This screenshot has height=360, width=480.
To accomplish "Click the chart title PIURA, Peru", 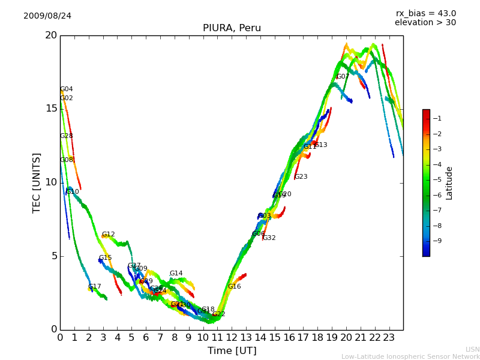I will (x=232, y=28).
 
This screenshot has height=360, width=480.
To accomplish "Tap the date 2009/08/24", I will (x=47, y=16).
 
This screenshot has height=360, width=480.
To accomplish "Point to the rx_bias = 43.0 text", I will (x=425, y=13).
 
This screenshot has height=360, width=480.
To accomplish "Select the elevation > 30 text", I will (x=425, y=23).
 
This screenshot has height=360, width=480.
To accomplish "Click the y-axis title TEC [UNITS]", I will (x=37, y=182).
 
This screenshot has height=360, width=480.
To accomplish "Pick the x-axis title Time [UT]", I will (x=232, y=350).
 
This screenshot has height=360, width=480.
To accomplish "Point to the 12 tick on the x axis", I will (x=232, y=337).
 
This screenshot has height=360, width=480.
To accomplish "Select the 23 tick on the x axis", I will (x=389, y=337).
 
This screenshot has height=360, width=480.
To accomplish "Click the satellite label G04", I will (x=67, y=89).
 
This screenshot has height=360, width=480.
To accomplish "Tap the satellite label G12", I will (x=108, y=235).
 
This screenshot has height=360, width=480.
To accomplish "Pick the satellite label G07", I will (x=343, y=77).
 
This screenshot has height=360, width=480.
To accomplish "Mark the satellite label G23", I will (x=301, y=177).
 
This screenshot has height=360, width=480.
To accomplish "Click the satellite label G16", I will (x=234, y=287).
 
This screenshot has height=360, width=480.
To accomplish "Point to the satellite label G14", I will (x=176, y=274).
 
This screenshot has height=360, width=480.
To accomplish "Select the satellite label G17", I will (x=95, y=287).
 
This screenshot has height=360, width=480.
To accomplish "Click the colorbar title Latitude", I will (x=449, y=182).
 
